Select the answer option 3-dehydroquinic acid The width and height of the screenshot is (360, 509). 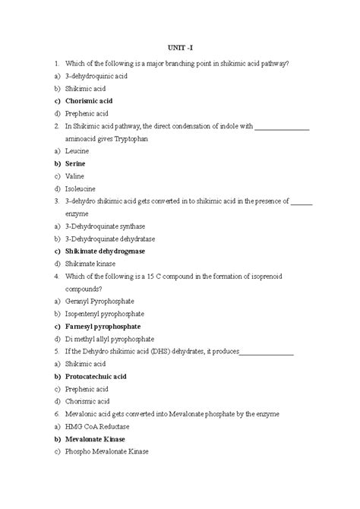click(95, 77)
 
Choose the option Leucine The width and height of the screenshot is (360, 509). click(77, 151)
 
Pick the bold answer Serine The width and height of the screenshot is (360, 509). click(76, 163)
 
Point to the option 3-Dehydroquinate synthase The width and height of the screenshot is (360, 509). click(106, 226)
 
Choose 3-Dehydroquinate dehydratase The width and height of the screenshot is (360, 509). click(109, 238)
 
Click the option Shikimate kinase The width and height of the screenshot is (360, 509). click(90, 263)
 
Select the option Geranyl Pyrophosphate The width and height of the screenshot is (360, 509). click(99, 301)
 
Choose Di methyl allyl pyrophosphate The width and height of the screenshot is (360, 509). click(109, 338)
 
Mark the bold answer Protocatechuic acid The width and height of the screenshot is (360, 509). click(96, 376)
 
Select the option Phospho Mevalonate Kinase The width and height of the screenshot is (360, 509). click(107, 451)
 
